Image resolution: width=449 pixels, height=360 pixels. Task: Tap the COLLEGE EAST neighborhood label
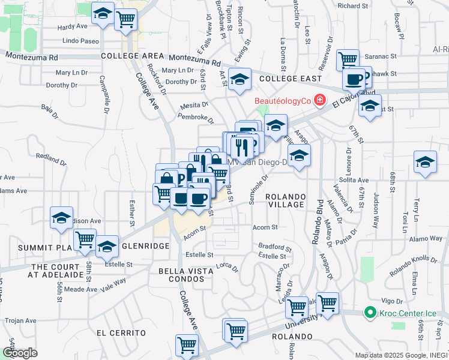291,79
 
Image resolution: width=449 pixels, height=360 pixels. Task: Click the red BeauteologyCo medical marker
320,100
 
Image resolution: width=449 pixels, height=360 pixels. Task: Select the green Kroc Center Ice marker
370,313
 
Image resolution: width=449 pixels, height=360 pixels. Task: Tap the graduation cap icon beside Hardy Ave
103,14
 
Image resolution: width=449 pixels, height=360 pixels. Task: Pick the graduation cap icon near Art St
239,80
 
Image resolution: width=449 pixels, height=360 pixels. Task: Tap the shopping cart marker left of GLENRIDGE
85,239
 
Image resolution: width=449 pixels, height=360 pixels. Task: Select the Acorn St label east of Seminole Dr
265,227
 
